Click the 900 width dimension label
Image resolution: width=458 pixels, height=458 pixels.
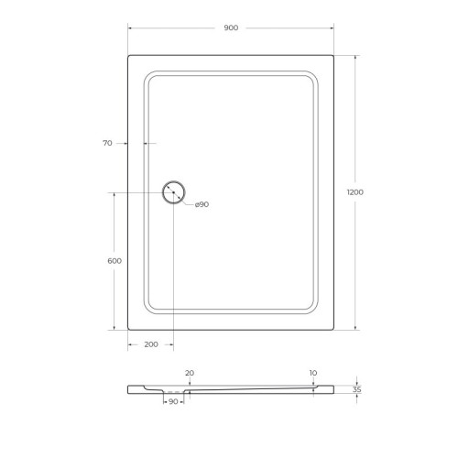[230, 27]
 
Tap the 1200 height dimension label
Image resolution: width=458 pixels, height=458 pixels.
[354, 192]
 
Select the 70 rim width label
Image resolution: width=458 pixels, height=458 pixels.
[107, 143]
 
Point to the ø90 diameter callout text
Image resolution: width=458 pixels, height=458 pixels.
[202, 204]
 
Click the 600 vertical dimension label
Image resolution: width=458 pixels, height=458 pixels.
[114, 261]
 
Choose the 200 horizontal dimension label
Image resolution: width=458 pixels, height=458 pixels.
[151, 344]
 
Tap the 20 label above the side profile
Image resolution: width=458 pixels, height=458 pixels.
[190, 373]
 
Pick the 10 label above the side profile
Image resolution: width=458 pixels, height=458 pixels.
[313, 373]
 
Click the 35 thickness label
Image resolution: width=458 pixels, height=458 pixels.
[356, 389]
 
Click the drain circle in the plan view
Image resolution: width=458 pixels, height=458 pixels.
[173, 192]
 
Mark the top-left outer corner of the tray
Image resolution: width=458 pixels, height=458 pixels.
[128, 56]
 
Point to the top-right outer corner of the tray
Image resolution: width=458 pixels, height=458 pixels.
[333, 56]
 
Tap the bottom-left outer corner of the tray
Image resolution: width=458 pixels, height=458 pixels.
[128, 329]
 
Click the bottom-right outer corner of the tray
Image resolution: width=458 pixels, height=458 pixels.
[333, 329]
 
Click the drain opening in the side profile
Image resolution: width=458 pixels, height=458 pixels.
[174, 391]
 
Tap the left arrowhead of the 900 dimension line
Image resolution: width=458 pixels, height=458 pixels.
[130, 27]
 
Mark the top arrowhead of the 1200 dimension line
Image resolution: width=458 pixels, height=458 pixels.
[354, 58]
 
